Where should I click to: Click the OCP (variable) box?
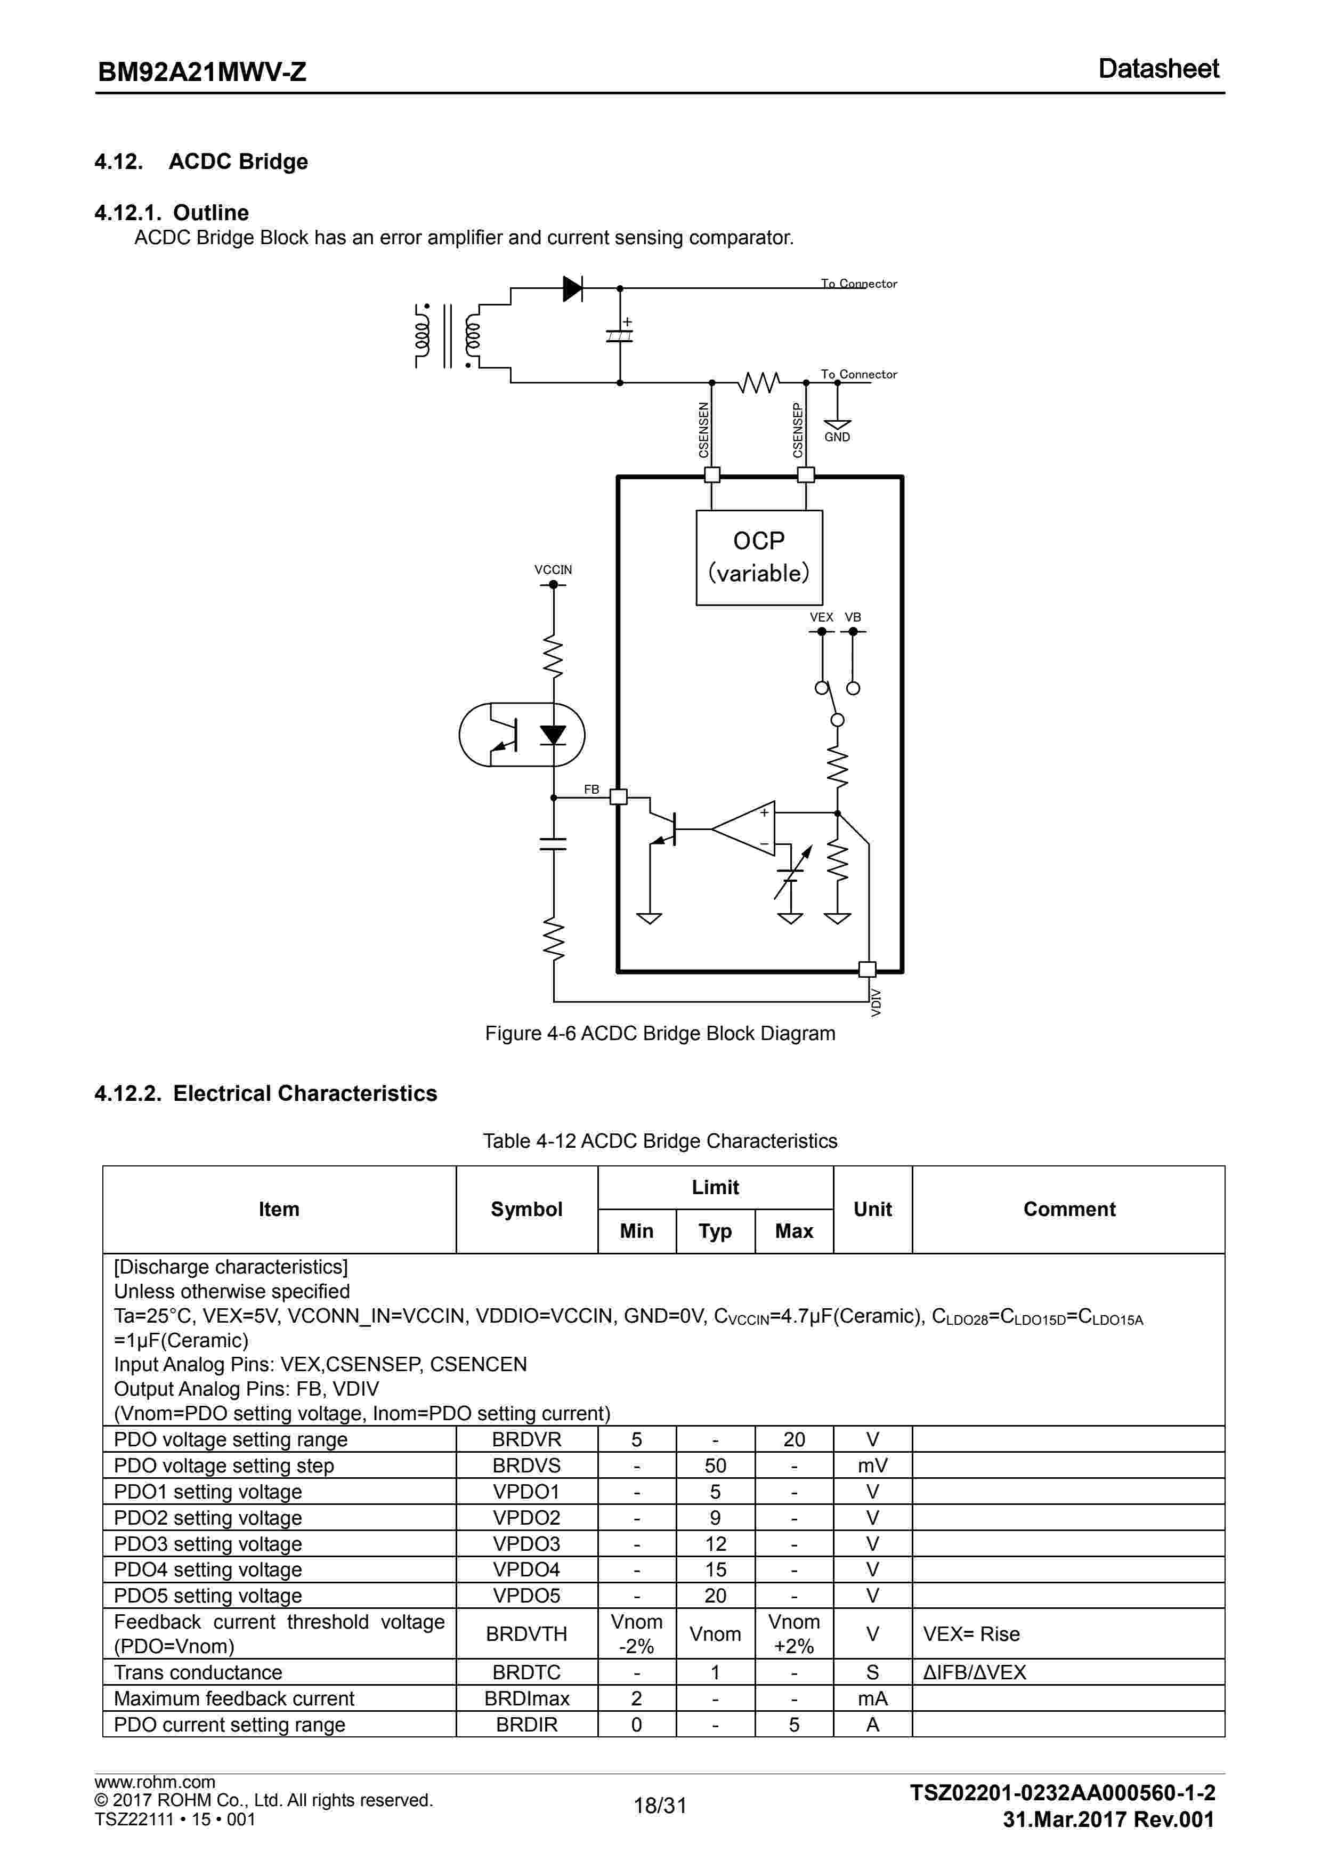tap(759, 557)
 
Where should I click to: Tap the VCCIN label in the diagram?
tap(553, 569)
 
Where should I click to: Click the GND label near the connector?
tap(837, 438)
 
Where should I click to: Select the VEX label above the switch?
tap(821, 617)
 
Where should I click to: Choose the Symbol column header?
tap(526, 1209)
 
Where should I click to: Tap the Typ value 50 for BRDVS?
tap(715, 1466)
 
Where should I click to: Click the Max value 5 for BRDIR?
tap(794, 1724)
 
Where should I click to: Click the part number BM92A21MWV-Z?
tap(202, 71)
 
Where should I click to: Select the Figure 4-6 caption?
tap(660, 1033)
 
